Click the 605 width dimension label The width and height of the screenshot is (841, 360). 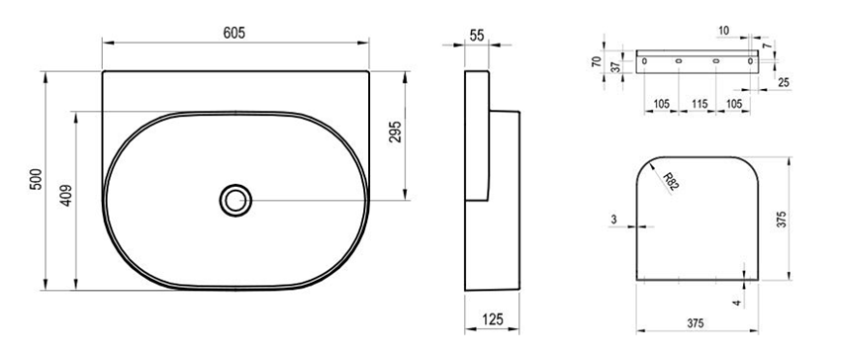(234, 33)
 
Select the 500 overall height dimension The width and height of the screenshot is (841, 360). (36, 179)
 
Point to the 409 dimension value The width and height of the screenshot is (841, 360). (66, 196)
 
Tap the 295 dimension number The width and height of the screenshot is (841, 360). (394, 132)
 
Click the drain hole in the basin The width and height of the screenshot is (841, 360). (235, 201)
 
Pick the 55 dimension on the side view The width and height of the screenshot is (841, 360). (477, 36)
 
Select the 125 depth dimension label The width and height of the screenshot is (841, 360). (493, 319)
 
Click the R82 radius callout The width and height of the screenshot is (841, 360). (671, 182)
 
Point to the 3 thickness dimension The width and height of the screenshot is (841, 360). (613, 219)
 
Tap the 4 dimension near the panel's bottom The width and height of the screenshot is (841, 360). (737, 303)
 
